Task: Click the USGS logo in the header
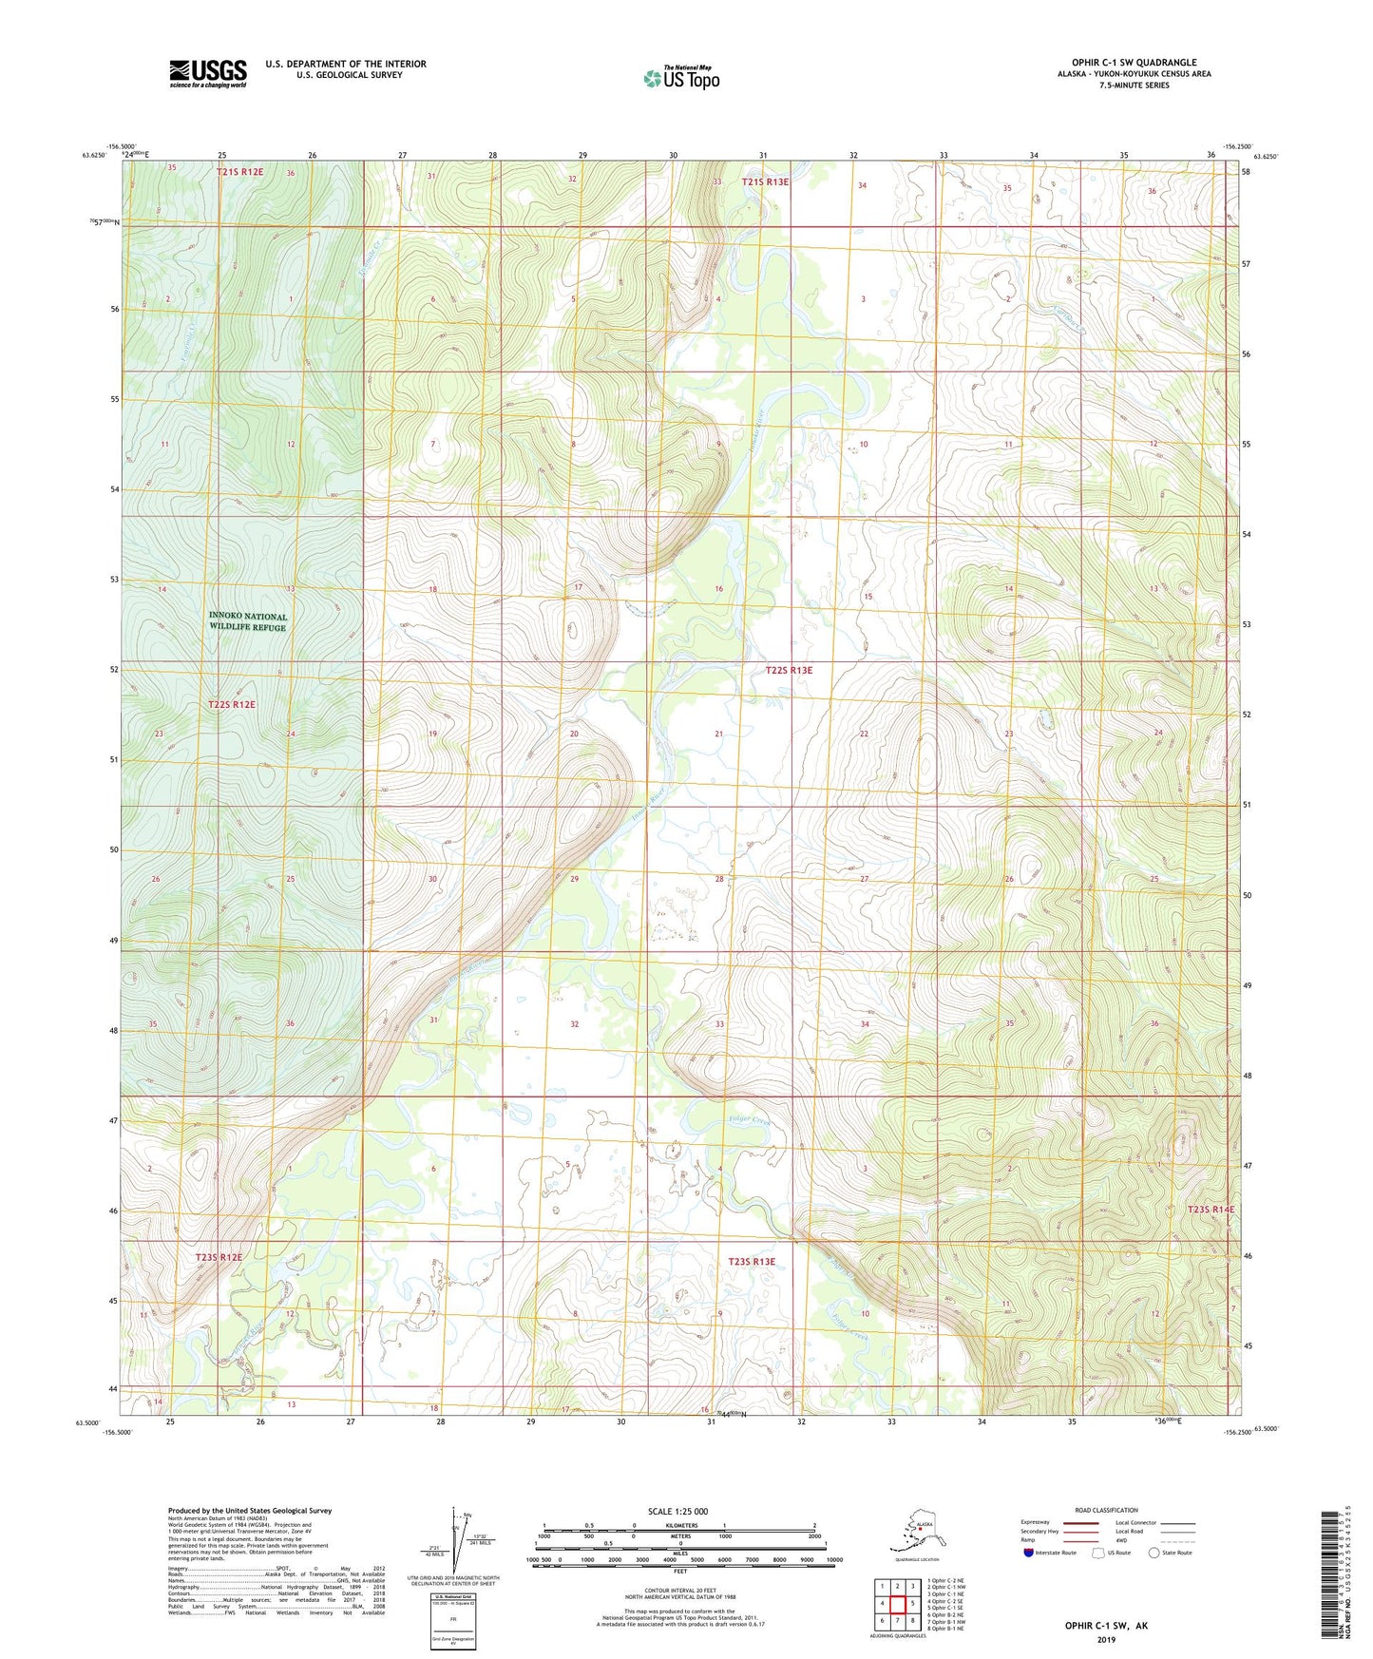click(x=208, y=73)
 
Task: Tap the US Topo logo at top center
click(x=680, y=77)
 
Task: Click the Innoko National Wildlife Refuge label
click(x=247, y=621)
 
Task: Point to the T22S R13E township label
click(x=789, y=670)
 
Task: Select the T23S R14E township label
click(x=1211, y=1210)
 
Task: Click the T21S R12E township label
click(x=239, y=172)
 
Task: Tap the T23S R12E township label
click(x=219, y=1257)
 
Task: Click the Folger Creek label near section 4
click(x=751, y=1121)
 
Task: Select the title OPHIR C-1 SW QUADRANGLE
click(x=1128, y=63)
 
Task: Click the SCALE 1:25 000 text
click(x=679, y=1512)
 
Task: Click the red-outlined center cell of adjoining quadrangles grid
click(x=897, y=1604)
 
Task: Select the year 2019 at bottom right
click(x=1105, y=1639)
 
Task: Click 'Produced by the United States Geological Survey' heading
click(x=250, y=1511)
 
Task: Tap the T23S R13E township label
click(x=752, y=1262)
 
